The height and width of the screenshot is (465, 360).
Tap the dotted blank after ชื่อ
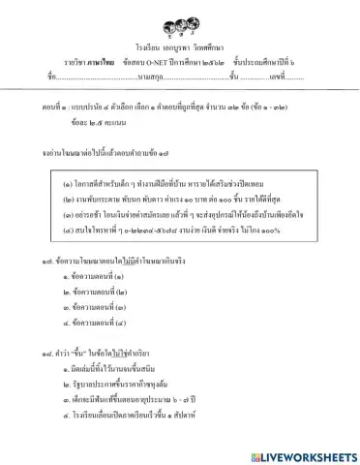(93, 76)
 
